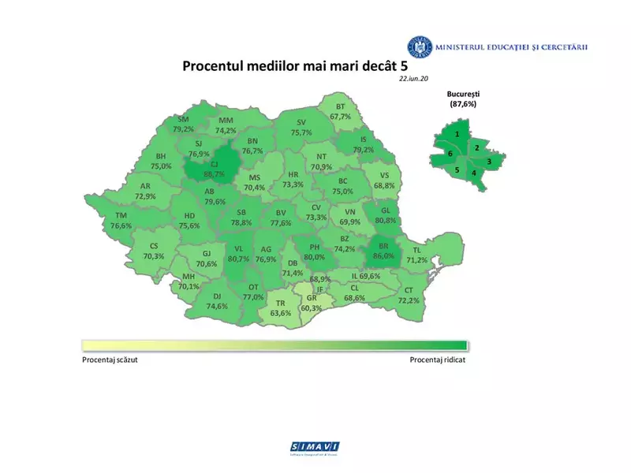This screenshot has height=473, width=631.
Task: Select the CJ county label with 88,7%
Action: pyautogui.click(x=213, y=168)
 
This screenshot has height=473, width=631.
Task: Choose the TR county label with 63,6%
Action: pyautogui.click(x=280, y=307)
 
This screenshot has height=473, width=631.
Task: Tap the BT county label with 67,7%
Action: pyautogui.click(x=341, y=111)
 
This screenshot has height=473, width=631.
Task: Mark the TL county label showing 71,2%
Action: pyautogui.click(x=416, y=255)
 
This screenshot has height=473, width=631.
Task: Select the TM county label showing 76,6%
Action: pyautogui.click(x=121, y=221)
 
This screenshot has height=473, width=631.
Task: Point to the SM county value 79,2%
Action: pyautogui.click(x=184, y=124)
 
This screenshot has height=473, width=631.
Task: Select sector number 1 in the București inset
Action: pyautogui.click(x=457, y=135)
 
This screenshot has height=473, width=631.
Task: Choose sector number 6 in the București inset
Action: pyautogui.click(x=450, y=153)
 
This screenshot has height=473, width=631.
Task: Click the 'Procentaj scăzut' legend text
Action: pyautogui.click(x=114, y=359)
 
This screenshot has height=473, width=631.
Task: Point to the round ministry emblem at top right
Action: pyautogui.click(x=419, y=48)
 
